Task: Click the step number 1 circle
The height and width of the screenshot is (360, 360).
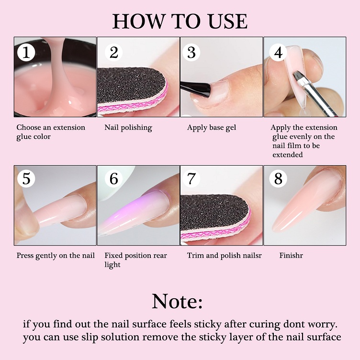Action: pos(26,52)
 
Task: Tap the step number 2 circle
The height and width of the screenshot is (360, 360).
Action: pos(113,52)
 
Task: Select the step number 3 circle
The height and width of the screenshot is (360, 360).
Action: pos(191,52)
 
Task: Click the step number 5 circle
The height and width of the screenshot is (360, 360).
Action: pos(26,179)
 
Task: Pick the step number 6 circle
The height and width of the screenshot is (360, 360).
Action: pos(113,179)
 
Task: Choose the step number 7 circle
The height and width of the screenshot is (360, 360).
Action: pos(191,179)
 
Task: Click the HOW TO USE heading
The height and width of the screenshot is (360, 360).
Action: pos(180,21)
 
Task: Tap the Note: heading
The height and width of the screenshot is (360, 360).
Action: pos(177,301)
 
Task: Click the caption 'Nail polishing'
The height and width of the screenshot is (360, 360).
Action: pos(128,128)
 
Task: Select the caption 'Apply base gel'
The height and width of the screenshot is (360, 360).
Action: pos(212,128)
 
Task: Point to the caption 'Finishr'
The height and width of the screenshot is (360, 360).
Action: pos(291,256)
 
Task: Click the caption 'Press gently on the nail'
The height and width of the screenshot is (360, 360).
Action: pos(56,256)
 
